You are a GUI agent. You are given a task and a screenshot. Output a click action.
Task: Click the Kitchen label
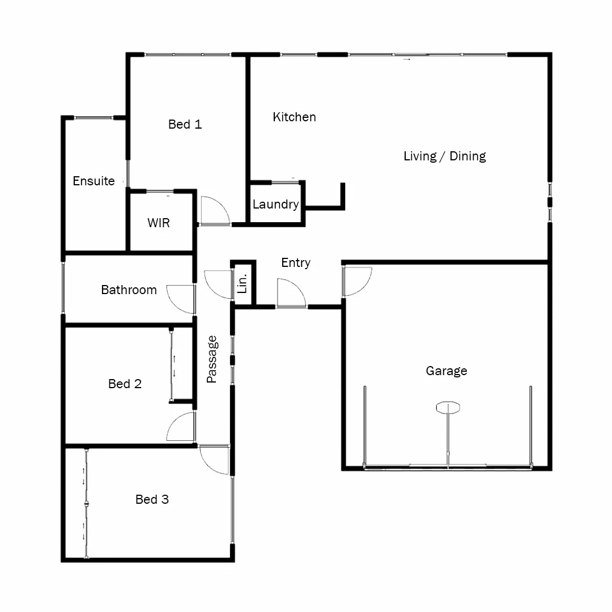pyautogui.click(x=294, y=117)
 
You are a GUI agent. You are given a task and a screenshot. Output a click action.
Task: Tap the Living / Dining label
pyautogui.click(x=444, y=156)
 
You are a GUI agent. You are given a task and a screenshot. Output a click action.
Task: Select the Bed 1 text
pyautogui.click(x=185, y=125)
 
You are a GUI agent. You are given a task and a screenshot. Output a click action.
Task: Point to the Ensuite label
pyautogui.click(x=93, y=181)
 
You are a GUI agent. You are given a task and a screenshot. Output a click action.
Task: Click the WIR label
pyautogui.click(x=159, y=223)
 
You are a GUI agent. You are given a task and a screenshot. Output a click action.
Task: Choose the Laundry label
pyautogui.click(x=275, y=205)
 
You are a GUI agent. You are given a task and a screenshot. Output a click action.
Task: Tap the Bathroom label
pyautogui.click(x=129, y=290)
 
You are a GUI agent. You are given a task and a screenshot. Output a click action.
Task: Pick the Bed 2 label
pyautogui.click(x=125, y=384)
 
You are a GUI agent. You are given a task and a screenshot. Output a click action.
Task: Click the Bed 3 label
pyautogui.click(x=152, y=500)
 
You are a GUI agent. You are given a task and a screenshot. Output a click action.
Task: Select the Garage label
pyautogui.click(x=447, y=371)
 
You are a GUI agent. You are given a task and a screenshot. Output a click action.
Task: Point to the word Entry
pyautogui.click(x=296, y=263)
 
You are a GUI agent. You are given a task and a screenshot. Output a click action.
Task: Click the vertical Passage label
pyautogui.click(x=212, y=359)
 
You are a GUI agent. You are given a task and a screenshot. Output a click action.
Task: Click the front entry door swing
pyautogui.click(x=291, y=294)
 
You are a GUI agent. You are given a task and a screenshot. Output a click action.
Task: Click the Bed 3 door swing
pyautogui.click(x=214, y=459)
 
